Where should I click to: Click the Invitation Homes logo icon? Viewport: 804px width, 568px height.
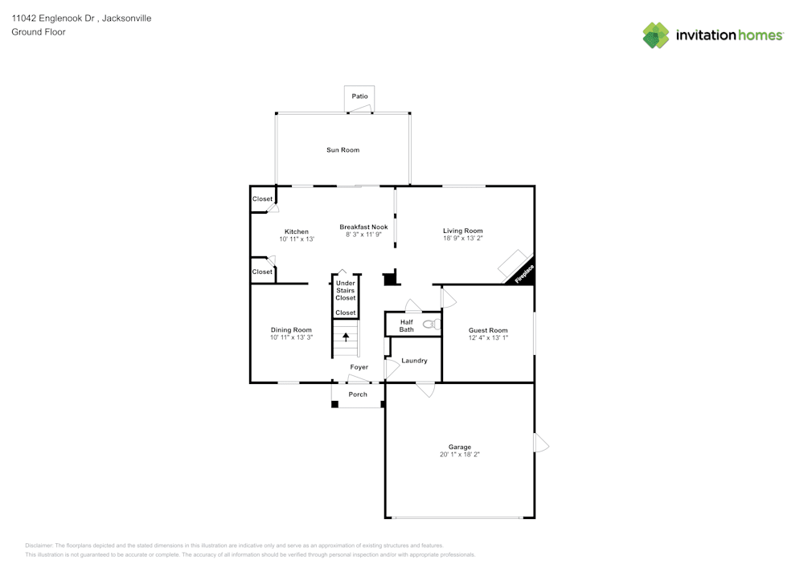point(655,35)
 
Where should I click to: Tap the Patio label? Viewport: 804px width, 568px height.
point(359,96)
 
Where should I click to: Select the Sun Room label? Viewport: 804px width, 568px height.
point(343,150)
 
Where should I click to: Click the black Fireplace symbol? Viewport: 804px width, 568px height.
point(522,274)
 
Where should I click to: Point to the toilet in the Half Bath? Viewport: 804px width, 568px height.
point(430,325)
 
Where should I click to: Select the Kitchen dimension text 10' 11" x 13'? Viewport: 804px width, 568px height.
point(297,239)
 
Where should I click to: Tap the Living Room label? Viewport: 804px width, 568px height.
point(462,231)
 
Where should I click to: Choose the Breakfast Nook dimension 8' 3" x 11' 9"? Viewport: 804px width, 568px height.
point(363,235)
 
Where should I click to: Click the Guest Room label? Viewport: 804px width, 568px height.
point(488,330)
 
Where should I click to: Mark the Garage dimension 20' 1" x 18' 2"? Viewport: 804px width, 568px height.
point(460,455)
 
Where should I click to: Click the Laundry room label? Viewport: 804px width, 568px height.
point(414,361)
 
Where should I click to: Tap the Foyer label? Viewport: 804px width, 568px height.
point(359,367)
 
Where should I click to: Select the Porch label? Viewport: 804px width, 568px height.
point(358,394)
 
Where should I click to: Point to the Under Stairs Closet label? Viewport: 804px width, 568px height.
point(346,290)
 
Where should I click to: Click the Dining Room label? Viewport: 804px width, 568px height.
point(291,329)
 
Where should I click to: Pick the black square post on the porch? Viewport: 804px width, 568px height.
point(335,404)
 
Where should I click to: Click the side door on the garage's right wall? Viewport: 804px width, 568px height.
point(540,443)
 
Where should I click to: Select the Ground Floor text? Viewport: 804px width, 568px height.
point(39,32)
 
